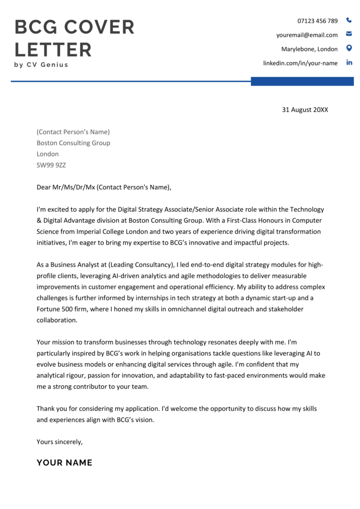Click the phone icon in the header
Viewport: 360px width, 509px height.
coord(349,21)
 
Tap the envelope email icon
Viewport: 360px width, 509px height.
coord(349,35)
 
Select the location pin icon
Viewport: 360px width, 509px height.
coord(349,48)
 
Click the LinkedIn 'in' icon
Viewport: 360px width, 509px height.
coord(349,63)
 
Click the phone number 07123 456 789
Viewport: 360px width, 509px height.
coord(317,21)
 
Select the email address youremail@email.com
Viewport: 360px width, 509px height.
coord(307,35)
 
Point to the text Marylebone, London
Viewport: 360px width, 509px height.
coord(309,49)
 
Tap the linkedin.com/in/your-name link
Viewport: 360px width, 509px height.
coord(300,63)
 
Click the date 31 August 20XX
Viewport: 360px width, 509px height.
coord(305,110)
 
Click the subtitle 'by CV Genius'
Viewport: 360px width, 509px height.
coord(41,65)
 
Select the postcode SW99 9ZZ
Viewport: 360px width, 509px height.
coord(51,165)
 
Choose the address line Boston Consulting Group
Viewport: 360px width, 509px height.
coord(74,143)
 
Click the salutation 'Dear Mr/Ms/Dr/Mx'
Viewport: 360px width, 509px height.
coord(66,187)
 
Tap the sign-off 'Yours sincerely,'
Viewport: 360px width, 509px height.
coord(60,441)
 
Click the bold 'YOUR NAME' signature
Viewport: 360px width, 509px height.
coord(65,463)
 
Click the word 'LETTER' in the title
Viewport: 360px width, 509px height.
coord(53,50)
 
